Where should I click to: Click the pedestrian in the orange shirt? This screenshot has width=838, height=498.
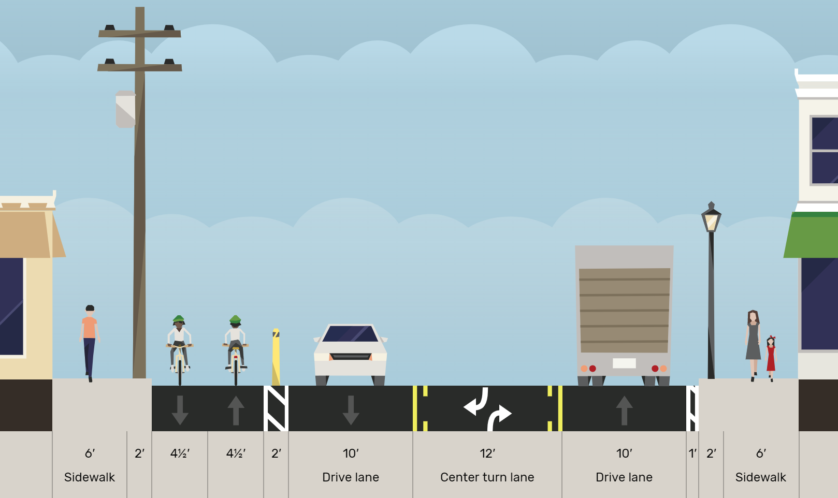(x=90, y=342)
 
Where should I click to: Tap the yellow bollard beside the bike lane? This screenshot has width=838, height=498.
(x=276, y=357)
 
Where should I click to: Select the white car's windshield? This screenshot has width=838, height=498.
(x=351, y=334)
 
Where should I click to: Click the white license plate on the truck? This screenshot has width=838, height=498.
(x=624, y=363)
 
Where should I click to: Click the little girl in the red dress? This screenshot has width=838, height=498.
(x=771, y=357)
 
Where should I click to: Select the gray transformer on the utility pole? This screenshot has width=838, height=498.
(x=125, y=109)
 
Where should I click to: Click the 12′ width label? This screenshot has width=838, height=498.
(x=487, y=454)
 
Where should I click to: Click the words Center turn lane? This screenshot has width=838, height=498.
(x=487, y=477)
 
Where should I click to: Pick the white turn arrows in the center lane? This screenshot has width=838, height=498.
(x=487, y=409)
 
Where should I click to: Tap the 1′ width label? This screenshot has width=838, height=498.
(x=692, y=454)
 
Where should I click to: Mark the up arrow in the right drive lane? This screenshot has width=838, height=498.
(x=624, y=410)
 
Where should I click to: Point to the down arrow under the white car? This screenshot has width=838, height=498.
(x=351, y=410)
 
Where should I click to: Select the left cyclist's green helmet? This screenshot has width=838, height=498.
(x=179, y=319)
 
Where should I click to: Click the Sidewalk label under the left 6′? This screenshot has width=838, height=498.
(x=90, y=477)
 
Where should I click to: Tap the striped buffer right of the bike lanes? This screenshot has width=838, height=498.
(x=276, y=408)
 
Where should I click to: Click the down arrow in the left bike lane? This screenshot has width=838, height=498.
(x=180, y=410)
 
